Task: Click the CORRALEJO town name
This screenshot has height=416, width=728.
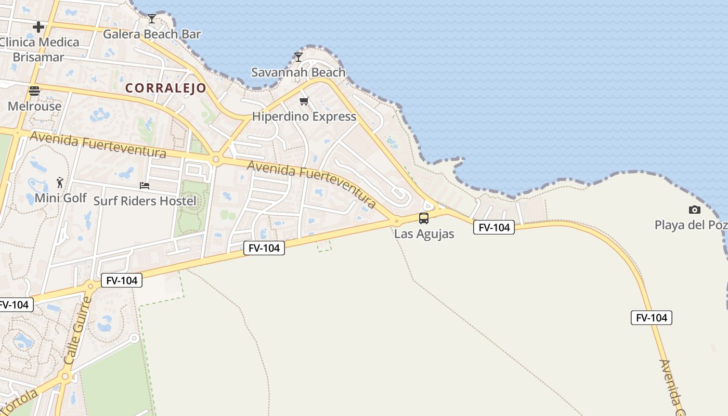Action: pos(166,88)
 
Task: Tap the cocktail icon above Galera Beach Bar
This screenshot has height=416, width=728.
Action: pos(151,19)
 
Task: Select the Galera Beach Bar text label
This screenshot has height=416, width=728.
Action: pos(152,34)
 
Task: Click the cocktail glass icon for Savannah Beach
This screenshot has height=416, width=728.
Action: pos(298,57)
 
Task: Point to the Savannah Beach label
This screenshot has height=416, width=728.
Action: pos(298,72)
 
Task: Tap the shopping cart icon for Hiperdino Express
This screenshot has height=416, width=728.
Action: pos(304,101)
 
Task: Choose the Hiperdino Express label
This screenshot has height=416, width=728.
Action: pos(304,116)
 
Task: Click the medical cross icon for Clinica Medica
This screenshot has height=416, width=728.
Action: pos(38,27)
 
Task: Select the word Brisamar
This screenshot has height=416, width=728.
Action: pos(38,57)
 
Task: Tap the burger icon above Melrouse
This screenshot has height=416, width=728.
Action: pos(34,91)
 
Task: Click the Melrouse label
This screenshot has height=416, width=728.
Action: pos(34,107)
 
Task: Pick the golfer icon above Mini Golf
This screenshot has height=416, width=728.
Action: pos(60,183)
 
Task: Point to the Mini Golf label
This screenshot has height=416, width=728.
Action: pos(61,198)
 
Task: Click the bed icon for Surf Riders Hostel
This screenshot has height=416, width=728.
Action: pos(145,186)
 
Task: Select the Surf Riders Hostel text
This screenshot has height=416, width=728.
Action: pos(145,201)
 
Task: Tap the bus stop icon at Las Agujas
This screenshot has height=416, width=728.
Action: pos(424,218)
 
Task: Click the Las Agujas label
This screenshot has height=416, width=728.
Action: pos(424,234)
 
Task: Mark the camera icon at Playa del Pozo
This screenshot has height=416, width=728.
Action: pos(694,210)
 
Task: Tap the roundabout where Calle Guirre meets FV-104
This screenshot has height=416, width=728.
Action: pos(91,285)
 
